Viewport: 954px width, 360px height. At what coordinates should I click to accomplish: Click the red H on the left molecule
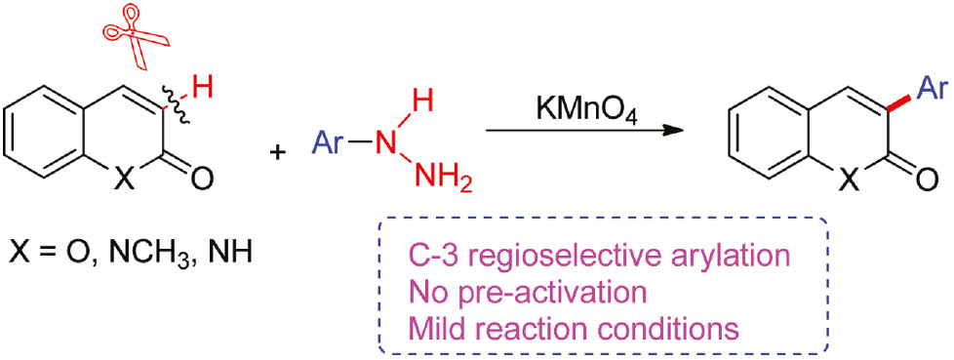point(201,90)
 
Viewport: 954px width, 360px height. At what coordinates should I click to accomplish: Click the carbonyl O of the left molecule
point(201,178)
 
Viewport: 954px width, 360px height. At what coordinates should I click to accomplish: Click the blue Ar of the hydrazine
point(332,143)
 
